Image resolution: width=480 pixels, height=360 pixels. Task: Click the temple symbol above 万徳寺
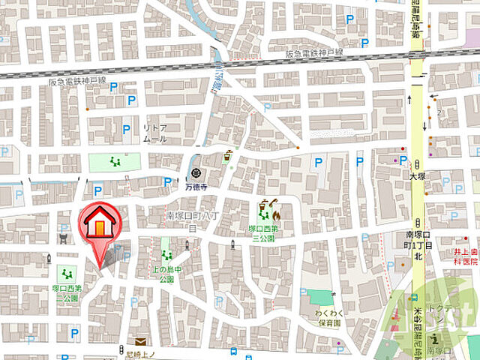(196, 173)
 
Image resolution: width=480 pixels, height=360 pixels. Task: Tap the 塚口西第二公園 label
(67, 292)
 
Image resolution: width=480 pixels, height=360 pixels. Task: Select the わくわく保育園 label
(328, 318)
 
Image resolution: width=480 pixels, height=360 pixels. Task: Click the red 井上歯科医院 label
(465, 256)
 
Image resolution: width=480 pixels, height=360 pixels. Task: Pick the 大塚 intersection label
(417, 176)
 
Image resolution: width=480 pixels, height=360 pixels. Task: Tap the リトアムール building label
(154, 134)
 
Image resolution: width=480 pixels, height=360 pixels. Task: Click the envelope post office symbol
(141, 342)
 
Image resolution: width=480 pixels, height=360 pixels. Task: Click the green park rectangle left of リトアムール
(114, 160)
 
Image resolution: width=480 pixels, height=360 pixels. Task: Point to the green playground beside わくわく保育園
(321, 297)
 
